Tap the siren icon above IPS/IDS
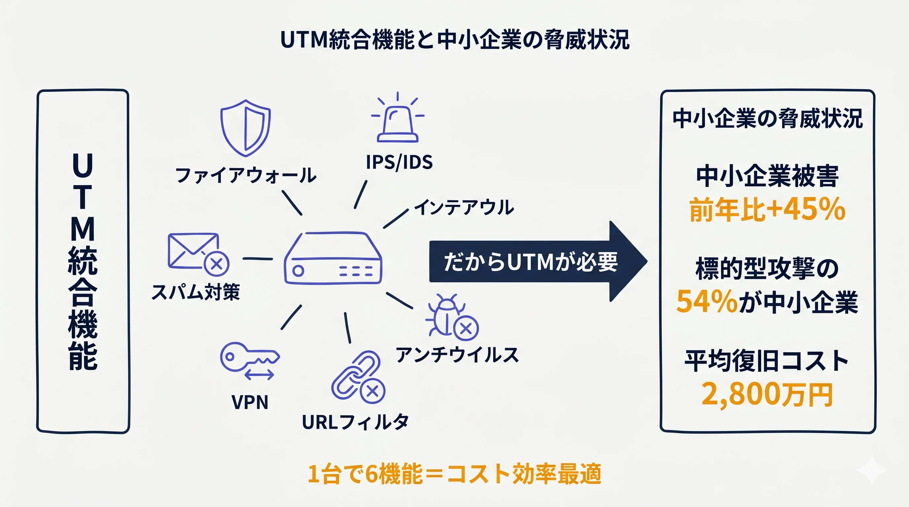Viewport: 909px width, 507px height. [398, 120]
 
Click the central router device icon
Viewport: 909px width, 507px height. [333, 258]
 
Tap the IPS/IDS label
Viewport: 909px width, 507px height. [399, 162]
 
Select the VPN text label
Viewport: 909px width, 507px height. [250, 402]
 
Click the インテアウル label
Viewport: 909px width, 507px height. [464, 207]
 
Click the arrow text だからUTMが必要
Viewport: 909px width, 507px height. [530, 262]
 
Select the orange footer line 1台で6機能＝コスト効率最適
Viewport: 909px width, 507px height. [454, 474]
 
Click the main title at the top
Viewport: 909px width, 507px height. [454, 40]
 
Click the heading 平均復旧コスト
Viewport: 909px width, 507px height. [767, 361]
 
